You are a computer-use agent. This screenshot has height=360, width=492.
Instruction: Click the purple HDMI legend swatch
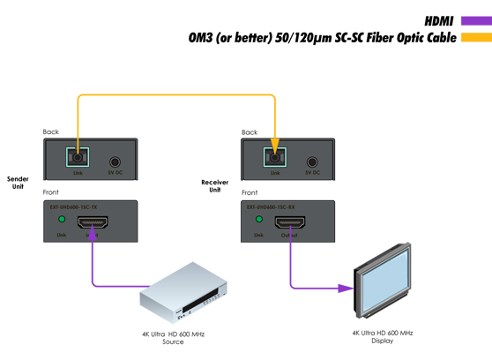pos(476,20)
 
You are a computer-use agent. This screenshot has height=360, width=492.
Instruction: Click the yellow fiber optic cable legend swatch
pos(476,38)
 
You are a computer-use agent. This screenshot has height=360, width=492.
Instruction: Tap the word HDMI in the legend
pos(438,20)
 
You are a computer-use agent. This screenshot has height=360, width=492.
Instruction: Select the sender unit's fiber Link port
pos(78,159)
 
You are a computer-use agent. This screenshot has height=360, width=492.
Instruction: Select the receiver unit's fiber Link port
pos(275,160)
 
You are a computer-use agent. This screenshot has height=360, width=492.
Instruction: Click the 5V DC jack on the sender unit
pos(115,162)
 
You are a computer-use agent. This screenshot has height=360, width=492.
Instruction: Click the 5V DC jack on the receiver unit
pos(312,162)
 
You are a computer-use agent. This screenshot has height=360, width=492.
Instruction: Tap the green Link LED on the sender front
pos(62,219)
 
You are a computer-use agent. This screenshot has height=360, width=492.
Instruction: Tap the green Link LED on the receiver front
pos(259,219)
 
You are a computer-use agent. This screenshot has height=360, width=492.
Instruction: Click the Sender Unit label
pos(18,183)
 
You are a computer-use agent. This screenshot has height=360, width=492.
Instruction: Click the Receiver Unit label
pos(214,186)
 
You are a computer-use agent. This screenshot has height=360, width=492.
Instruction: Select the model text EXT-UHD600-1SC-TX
pos(73,206)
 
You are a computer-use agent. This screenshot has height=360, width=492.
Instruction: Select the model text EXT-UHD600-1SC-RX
pos(271,206)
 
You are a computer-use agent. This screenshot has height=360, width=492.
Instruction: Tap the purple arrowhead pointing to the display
pos(346,288)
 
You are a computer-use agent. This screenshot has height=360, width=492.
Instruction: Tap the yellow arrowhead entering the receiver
pos(275,145)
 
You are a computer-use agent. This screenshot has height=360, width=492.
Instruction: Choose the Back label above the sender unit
pos(51,132)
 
